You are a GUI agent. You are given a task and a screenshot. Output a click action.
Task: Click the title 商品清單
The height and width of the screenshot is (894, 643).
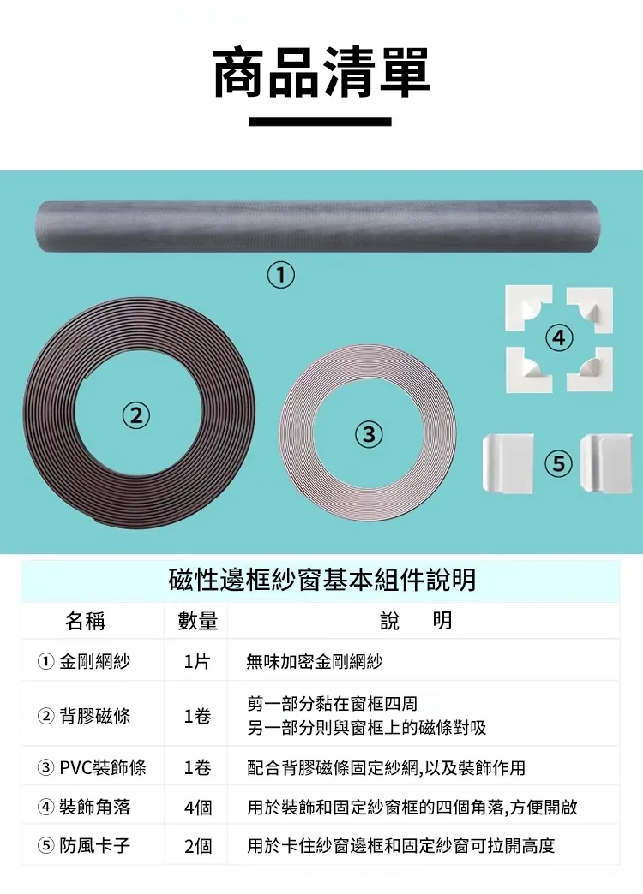tap(321, 73)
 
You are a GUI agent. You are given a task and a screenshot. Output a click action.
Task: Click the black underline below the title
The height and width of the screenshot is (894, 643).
tap(321, 122)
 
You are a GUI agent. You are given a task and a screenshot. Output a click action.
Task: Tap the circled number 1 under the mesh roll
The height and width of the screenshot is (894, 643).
tap(280, 275)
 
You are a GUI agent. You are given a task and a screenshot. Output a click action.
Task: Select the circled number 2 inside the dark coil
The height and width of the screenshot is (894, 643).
tap(135, 415)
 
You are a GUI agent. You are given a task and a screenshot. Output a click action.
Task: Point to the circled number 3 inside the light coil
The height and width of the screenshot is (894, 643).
tap(369, 434)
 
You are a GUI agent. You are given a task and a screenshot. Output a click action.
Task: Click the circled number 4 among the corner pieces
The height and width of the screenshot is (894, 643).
tap(559, 338)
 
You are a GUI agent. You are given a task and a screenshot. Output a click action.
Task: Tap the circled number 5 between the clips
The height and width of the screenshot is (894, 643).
tap(558, 463)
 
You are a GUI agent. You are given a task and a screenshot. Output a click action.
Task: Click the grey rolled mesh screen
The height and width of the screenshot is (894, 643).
tap(317, 226)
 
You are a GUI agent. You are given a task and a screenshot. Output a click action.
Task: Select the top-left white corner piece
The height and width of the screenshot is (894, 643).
tap(528, 307)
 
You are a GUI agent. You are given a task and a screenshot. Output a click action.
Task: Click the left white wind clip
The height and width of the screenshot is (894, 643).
tap(508, 463)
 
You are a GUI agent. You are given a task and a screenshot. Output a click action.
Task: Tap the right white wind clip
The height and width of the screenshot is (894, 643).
tap(606, 463)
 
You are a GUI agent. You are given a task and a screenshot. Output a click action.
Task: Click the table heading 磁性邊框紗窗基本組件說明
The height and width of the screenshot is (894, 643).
tap(322, 580)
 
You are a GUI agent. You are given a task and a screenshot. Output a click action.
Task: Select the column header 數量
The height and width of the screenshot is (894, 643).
tap(197, 621)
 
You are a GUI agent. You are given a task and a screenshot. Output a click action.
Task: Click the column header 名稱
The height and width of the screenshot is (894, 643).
tap(85, 621)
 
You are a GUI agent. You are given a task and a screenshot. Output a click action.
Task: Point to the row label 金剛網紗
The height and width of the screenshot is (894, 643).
tap(95, 661)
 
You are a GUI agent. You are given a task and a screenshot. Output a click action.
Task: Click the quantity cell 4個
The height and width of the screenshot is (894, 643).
tap(197, 807)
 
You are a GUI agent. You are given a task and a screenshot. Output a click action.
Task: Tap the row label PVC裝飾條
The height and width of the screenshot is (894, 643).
tap(103, 767)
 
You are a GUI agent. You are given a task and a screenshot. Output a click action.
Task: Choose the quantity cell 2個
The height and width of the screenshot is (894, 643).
tap(197, 846)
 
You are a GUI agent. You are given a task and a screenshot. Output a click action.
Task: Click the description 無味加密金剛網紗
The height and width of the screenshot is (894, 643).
tap(314, 661)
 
